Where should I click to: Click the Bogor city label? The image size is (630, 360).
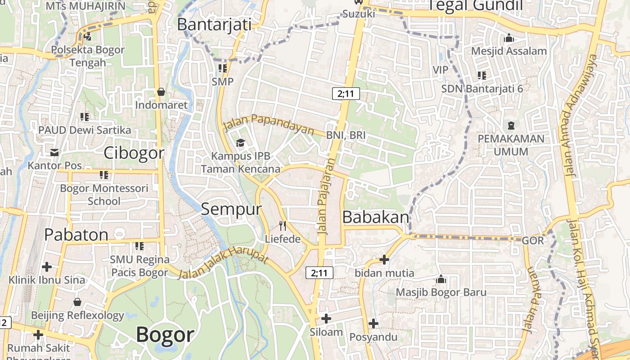point(165,335)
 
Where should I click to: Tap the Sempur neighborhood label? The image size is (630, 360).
point(231,209)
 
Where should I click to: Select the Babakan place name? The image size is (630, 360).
point(376,217)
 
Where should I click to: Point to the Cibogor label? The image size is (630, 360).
point(134,153)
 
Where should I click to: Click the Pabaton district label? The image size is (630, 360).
point(76,234)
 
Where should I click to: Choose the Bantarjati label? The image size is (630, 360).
point(214,24)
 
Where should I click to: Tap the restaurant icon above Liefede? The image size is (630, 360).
point(283,225)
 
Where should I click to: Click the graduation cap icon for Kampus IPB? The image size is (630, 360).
point(241,143)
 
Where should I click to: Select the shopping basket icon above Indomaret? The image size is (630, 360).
point(161,92)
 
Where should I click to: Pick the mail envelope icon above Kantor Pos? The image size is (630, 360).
point(54,153)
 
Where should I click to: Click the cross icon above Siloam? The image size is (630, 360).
point(326,319)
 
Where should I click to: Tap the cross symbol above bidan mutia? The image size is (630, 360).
point(384,259)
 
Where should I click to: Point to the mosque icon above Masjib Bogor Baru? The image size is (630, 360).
point(441,279)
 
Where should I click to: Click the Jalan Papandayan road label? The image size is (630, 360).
point(269,124)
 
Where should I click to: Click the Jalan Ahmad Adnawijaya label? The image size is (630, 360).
point(580,115)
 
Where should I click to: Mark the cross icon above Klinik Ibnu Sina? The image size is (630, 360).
point(47,267)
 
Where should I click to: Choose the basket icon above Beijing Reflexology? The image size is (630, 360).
point(77,301)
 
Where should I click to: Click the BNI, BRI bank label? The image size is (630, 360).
point(346,135)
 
